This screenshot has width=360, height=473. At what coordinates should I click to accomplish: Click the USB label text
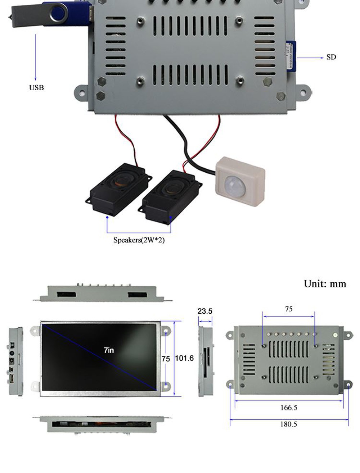(36, 87)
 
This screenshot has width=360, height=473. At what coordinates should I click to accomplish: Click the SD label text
(331, 57)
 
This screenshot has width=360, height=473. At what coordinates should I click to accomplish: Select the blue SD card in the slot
(291, 56)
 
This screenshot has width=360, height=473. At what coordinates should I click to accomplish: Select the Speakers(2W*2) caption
(139, 240)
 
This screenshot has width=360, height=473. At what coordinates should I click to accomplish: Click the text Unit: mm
(325, 284)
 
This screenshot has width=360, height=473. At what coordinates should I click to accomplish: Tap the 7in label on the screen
(109, 350)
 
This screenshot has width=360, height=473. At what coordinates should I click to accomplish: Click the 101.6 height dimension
(184, 358)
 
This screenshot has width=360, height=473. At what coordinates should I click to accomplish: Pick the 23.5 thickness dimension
(204, 311)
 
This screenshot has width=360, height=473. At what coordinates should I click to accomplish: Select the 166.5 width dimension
(289, 408)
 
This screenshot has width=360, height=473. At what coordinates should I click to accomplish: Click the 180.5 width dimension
(289, 424)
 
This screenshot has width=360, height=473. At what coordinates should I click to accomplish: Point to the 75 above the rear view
(289, 309)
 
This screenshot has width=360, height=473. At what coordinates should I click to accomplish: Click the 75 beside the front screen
(166, 359)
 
